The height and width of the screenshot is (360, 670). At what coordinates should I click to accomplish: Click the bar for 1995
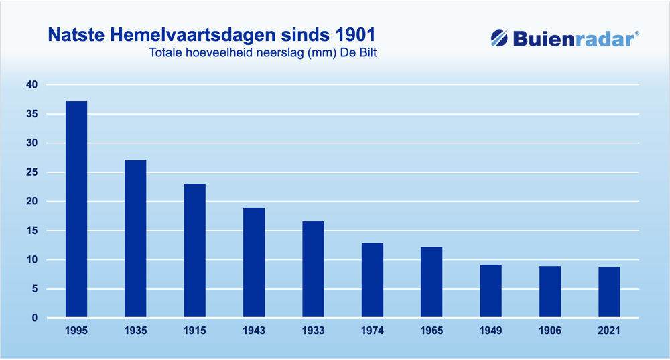pos(76,210)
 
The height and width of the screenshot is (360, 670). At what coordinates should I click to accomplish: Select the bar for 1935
pos(135,239)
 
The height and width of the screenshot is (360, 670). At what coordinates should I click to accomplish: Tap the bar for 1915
pos(195,251)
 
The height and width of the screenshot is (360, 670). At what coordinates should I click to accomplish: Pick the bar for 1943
pos(254,263)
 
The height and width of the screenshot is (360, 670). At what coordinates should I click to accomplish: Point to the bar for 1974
pos(372,280)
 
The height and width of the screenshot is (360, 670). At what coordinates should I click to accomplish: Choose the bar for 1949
pos(490,291)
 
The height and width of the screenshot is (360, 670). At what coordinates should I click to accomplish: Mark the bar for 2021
pos(609,292)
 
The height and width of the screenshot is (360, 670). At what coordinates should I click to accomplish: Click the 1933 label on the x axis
pos(313,331)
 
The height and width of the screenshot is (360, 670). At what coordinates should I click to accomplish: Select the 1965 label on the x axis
pos(431,331)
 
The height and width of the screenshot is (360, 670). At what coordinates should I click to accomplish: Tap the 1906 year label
pos(550,331)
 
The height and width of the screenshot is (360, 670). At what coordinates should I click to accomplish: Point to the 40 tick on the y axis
pos(32,84)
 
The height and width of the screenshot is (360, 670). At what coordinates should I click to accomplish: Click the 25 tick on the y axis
pos(32,172)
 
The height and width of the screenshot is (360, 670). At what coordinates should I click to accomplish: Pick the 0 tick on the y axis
pos(35,318)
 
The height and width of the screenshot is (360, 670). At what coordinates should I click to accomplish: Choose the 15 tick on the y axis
pos(32,231)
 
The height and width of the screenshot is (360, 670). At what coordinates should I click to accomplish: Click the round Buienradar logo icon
pos(499,38)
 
